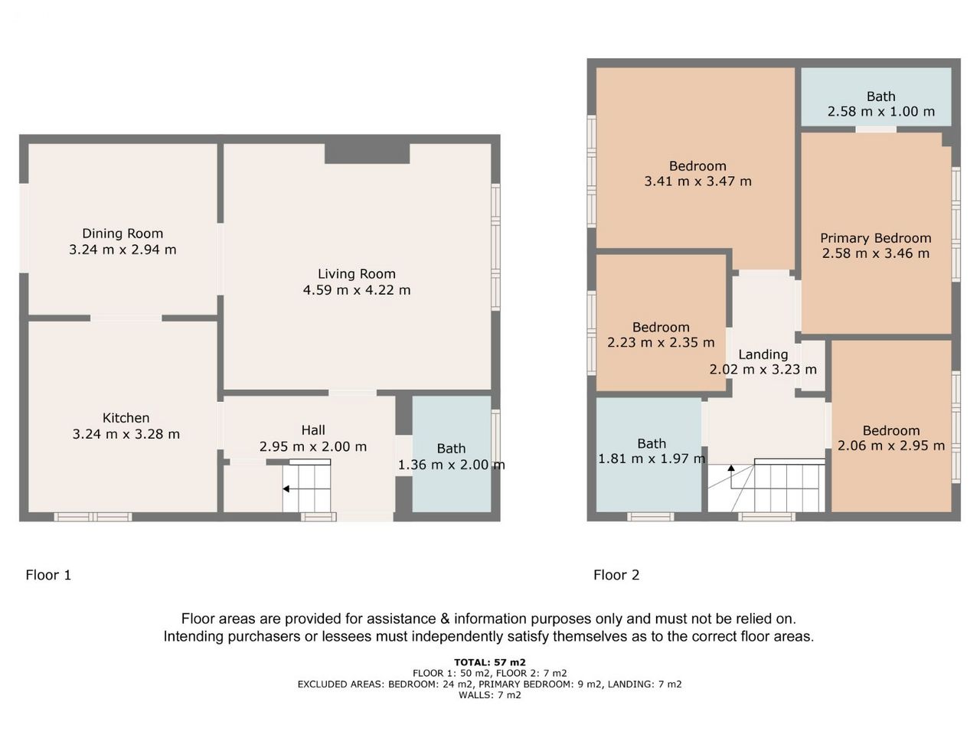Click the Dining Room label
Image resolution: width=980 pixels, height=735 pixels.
point(122,234)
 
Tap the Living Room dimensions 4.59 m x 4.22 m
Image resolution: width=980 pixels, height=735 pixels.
point(356,290)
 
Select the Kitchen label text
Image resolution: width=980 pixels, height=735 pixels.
point(126,418)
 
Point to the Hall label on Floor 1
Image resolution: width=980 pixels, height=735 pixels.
point(312,430)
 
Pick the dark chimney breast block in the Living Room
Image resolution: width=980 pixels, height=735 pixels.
point(367,154)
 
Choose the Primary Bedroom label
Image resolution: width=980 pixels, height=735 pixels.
point(876,238)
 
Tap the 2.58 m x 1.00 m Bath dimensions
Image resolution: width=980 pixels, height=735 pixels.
point(881,111)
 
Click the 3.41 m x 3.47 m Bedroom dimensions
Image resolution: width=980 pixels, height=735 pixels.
point(697,181)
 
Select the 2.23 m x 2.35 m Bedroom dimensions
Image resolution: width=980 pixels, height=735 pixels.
point(661,342)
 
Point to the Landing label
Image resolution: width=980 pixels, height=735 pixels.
point(763,354)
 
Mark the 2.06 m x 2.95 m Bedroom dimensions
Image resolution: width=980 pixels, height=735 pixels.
point(891,446)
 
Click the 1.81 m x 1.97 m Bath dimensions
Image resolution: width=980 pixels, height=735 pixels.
point(652,459)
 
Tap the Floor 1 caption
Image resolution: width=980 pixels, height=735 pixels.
point(48,575)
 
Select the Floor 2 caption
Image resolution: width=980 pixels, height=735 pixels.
point(616,575)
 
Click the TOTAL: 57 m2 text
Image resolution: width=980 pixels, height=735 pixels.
point(490,662)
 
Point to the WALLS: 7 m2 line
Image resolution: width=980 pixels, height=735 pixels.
point(490,695)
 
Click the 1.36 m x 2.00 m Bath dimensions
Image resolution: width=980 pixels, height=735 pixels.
point(451,465)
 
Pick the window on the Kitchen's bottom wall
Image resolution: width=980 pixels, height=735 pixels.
point(93,517)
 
